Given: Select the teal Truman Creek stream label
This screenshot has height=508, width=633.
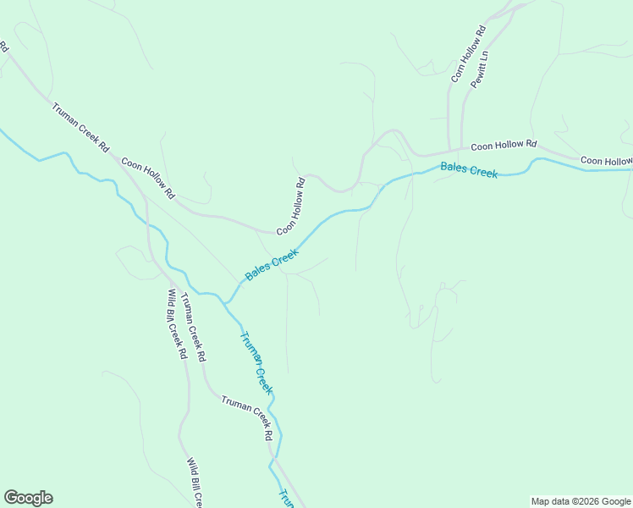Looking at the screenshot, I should click(x=256, y=363).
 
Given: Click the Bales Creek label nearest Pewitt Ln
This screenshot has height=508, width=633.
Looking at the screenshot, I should click(x=469, y=170).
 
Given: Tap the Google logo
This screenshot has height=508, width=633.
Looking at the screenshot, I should click(x=28, y=498).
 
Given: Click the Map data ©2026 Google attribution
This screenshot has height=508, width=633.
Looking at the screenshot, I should click(x=581, y=501).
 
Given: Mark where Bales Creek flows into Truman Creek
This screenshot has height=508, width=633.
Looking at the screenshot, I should click(x=226, y=302).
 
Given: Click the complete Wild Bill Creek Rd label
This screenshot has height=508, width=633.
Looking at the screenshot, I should click(x=177, y=324).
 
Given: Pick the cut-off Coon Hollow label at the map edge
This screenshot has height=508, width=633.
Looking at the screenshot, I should click(x=606, y=161).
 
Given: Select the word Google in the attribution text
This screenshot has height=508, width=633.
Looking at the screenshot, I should click(x=615, y=501).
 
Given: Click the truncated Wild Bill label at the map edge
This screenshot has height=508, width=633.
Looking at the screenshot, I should click(x=195, y=483).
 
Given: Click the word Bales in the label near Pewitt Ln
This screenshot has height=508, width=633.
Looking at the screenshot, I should click(x=454, y=168).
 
